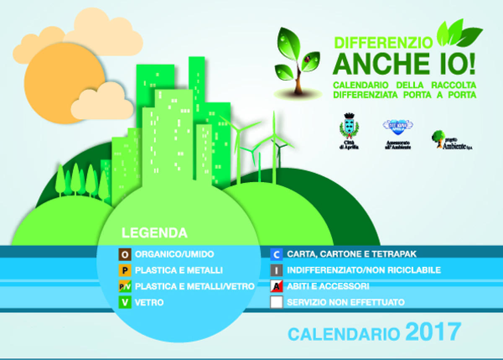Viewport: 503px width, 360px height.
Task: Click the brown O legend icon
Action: click(x=124, y=254)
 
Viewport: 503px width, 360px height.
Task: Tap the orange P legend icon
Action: click(x=124, y=270)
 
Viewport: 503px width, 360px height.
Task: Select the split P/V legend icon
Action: click(x=124, y=287)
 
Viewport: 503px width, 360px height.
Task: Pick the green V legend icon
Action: click(x=124, y=302)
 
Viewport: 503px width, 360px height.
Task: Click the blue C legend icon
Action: click(x=276, y=254)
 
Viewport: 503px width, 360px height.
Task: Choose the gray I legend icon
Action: click(x=276, y=270)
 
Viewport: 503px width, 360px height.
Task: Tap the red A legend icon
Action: click(x=276, y=287)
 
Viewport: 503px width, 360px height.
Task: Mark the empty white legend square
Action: click(x=276, y=302)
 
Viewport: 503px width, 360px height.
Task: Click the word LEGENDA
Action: click(x=154, y=232)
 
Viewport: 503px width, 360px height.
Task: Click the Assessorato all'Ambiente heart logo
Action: click(x=398, y=126)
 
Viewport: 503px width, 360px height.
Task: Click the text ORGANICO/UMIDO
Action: click(x=174, y=254)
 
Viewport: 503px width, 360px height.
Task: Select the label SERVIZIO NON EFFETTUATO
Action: click(x=346, y=302)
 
